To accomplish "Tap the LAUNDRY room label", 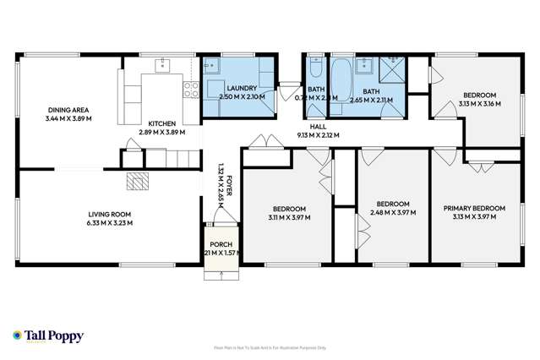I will point(242,89).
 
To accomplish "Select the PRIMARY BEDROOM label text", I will point(474,208).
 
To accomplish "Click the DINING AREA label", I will point(68,111).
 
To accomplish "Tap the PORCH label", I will point(218,245).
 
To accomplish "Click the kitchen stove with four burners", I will point(190,87).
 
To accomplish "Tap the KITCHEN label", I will point(161,123).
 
